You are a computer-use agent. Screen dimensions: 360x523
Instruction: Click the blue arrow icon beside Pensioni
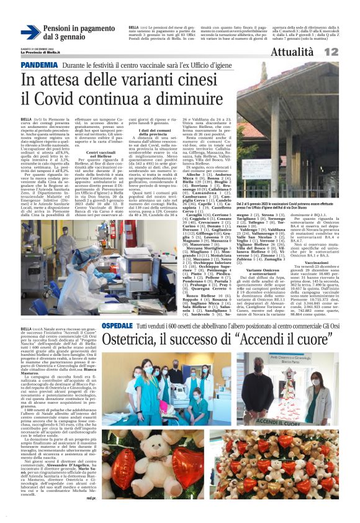[x=30, y=32]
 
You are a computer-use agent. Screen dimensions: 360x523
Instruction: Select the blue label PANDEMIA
[x=38, y=65]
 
